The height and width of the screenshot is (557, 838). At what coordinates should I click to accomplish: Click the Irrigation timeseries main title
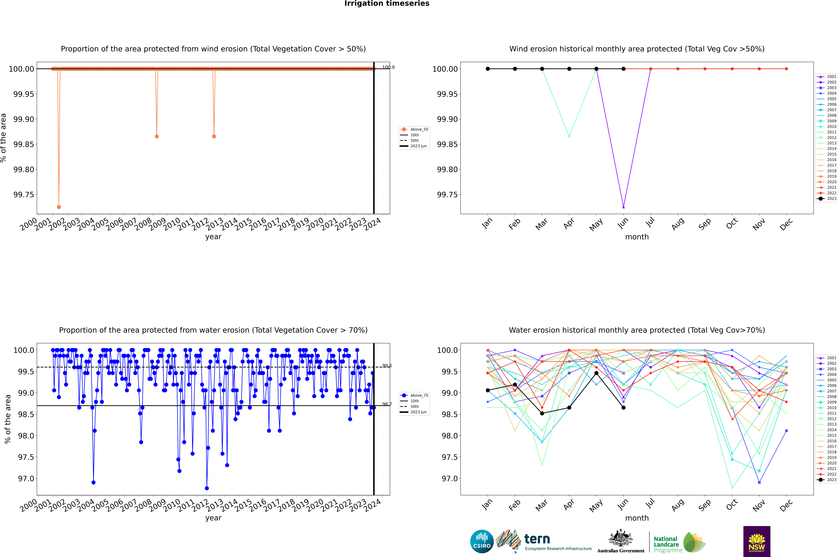(387, 4)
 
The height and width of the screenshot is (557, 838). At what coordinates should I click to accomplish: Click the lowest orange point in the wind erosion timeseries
(59, 207)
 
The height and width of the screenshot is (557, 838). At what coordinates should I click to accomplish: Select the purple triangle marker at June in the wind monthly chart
(623, 207)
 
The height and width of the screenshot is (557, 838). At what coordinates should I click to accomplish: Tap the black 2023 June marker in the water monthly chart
(623, 407)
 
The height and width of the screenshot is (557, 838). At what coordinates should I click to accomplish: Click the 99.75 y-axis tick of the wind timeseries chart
(24, 195)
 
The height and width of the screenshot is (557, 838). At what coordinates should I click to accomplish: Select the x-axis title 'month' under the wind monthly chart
(637, 237)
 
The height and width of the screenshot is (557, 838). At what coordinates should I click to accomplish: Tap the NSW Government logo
(757, 541)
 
